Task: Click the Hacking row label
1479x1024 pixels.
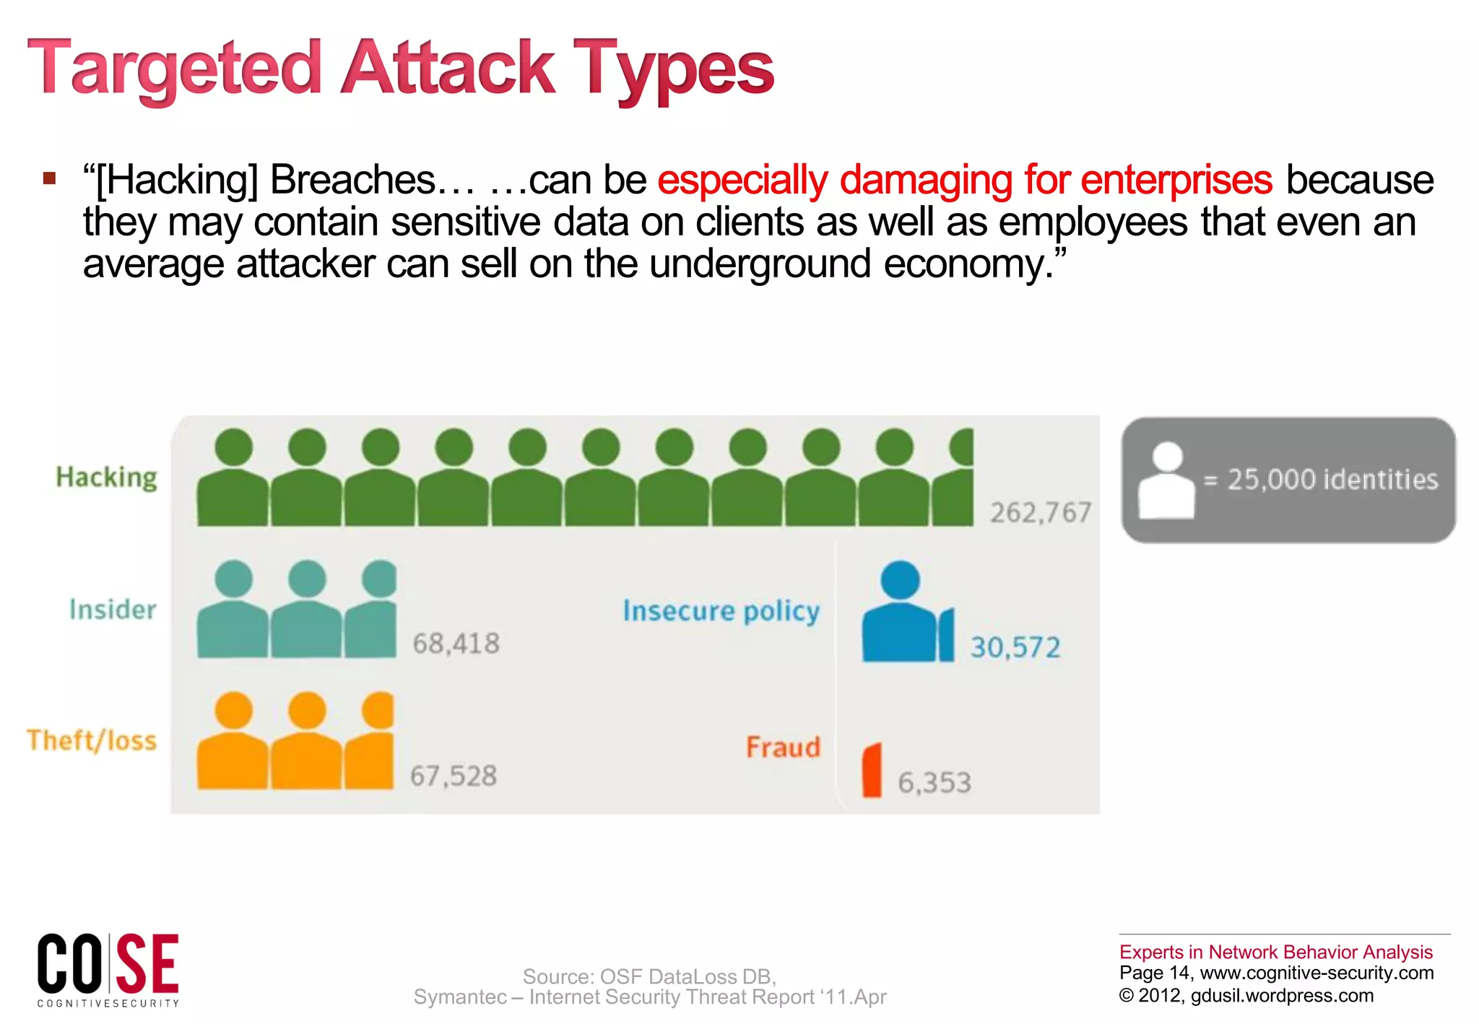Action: [x=106, y=477]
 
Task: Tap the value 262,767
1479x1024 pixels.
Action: [x=1040, y=513]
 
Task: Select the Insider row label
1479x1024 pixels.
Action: [x=113, y=609]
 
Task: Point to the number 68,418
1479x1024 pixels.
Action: [x=456, y=643]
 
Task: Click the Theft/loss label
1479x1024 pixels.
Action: [x=92, y=741]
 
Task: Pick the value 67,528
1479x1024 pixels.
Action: [x=454, y=776]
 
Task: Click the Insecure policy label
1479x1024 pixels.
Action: [x=721, y=611]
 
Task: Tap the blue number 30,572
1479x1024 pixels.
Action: [x=1015, y=647]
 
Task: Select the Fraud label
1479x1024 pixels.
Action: [x=783, y=747]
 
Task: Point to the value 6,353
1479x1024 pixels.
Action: [x=934, y=783]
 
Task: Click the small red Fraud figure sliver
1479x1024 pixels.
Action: [x=872, y=771]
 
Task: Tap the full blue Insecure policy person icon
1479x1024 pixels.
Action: [x=900, y=614]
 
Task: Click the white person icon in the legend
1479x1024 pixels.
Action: [x=1166, y=481]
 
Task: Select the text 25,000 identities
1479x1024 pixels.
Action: [x=1332, y=480]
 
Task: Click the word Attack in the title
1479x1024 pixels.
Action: [x=448, y=68]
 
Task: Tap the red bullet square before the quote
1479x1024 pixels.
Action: [x=49, y=178]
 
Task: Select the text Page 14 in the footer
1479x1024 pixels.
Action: [x=1153, y=973]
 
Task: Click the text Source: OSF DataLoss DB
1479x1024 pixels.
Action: [x=649, y=976]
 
